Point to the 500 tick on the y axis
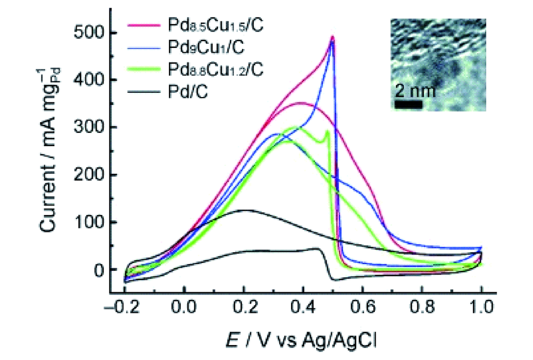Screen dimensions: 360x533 click(81, 33)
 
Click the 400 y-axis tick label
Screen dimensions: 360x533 click(81, 81)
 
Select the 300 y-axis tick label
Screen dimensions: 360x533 click(81, 128)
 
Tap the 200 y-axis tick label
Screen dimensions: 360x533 click(81, 175)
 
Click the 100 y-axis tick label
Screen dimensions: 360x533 click(81, 223)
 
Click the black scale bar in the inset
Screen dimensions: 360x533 click(407, 105)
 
